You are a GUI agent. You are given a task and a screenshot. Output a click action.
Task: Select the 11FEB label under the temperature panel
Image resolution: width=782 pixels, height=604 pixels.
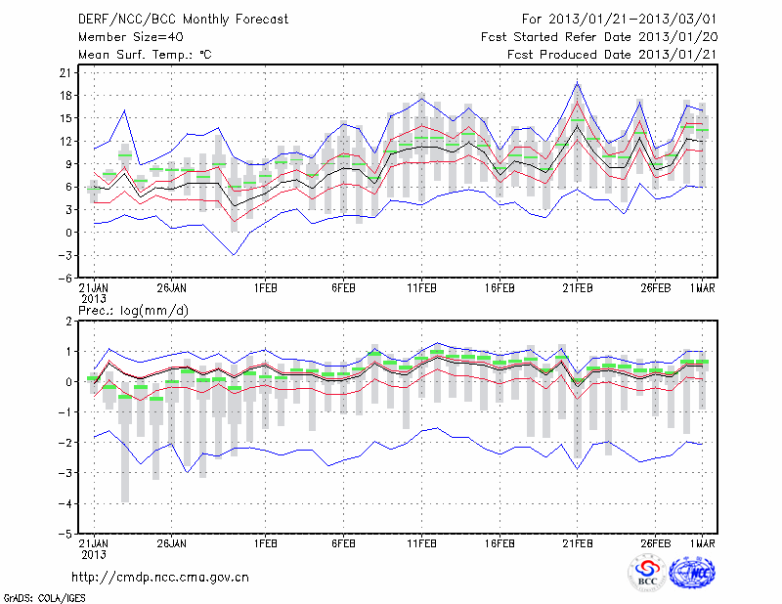point(421,289)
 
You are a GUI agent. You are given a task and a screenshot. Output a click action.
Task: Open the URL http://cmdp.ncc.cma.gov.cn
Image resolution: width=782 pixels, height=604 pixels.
point(160,577)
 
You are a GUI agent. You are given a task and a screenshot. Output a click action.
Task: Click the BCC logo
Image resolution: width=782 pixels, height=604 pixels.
point(647,574)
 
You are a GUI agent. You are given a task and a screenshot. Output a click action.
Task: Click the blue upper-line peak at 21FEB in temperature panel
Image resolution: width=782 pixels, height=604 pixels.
point(578,82)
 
